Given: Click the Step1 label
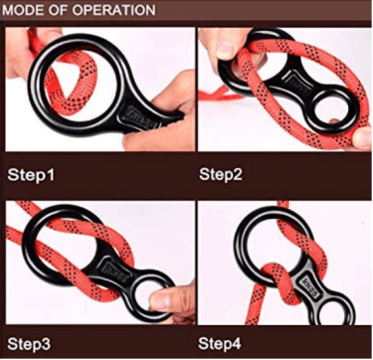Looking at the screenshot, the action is click(31, 174).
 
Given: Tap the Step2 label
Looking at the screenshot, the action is click(221, 174).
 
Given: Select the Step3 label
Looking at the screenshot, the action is click(29, 343).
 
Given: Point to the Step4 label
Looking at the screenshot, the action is click(220, 343).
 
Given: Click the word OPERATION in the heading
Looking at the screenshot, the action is click(114, 10).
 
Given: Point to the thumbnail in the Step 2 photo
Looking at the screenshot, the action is click(226, 50).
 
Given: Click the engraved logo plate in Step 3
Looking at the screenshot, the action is click(112, 269).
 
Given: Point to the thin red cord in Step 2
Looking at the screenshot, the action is click(222, 95).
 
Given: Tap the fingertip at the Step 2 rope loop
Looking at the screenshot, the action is click(362, 136).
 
